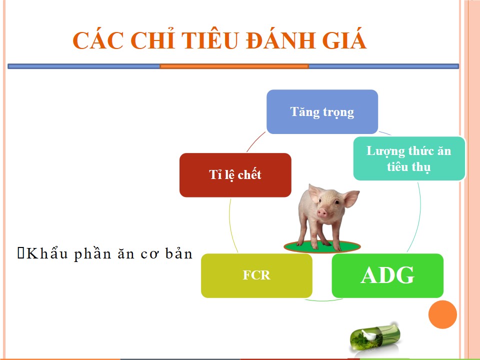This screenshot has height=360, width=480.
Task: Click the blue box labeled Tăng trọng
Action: pos(322,111)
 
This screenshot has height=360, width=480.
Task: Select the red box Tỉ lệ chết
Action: pos(235,175)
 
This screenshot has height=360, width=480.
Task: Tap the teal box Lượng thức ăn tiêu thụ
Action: pos(409,158)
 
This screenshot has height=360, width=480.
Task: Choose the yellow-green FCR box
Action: pos(256,275)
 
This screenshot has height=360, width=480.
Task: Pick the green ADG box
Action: pos(387,275)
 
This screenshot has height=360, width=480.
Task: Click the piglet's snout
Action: pos(322,212)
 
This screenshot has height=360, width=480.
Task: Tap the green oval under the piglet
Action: pos(322,246)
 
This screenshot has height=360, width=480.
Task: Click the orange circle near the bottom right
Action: pos(442,314)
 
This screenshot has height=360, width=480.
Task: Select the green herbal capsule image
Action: pos(375,338)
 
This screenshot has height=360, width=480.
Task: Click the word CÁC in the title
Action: pos(98,40)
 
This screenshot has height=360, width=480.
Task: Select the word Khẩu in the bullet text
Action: pos(47,253)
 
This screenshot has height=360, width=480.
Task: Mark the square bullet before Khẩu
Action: pos(21,253)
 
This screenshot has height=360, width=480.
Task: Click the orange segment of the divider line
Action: pos(234,66)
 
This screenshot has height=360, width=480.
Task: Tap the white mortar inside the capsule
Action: pos(369,334)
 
